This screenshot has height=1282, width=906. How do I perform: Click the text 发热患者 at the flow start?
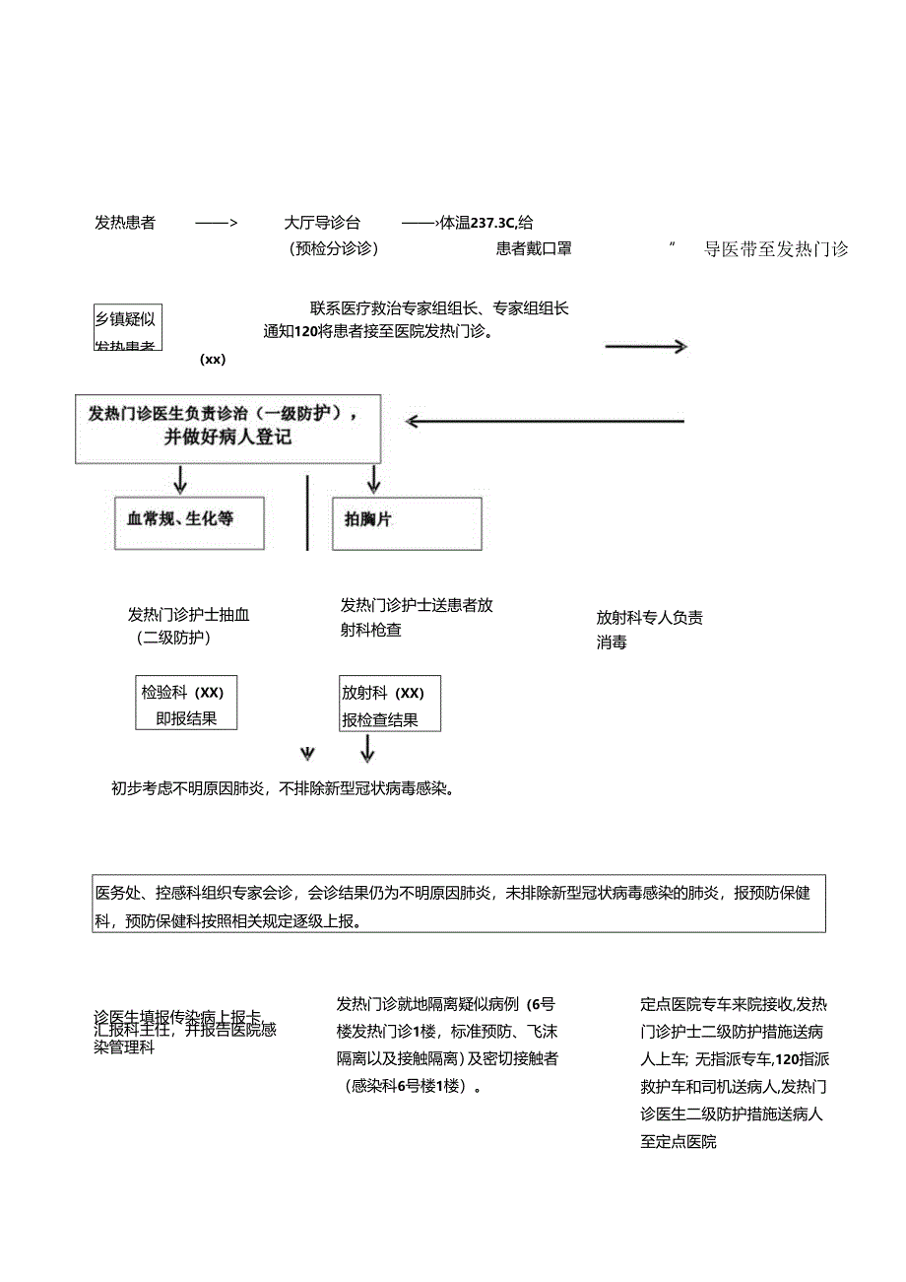click(124, 223)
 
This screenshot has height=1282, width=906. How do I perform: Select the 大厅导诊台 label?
click(322, 223)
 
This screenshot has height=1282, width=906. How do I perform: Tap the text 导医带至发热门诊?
click(776, 248)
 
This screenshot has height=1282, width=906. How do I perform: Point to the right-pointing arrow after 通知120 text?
click(645, 346)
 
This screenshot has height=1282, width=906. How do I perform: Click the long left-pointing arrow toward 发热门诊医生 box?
click(545, 422)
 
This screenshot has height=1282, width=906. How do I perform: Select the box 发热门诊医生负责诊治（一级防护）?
click(227, 428)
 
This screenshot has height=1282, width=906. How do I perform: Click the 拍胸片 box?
click(408, 522)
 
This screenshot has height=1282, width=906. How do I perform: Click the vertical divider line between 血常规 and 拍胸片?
click(307, 512)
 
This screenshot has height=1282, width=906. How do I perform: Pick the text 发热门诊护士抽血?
click(188, 615)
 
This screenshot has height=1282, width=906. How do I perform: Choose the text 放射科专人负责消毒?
click(649, 630)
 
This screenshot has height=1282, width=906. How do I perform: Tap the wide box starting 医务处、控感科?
click(459, 904)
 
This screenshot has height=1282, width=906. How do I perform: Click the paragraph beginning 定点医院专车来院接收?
click(734, 1072)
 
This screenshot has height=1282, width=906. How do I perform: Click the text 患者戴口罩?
click(534, 248)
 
